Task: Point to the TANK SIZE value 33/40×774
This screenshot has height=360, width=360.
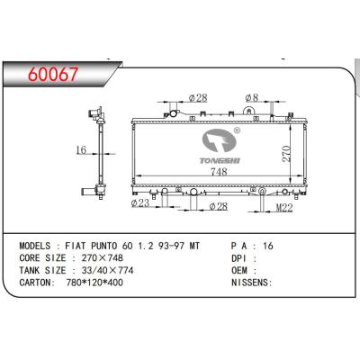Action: [109, 269]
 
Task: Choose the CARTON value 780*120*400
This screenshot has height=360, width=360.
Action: [97, 282]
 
